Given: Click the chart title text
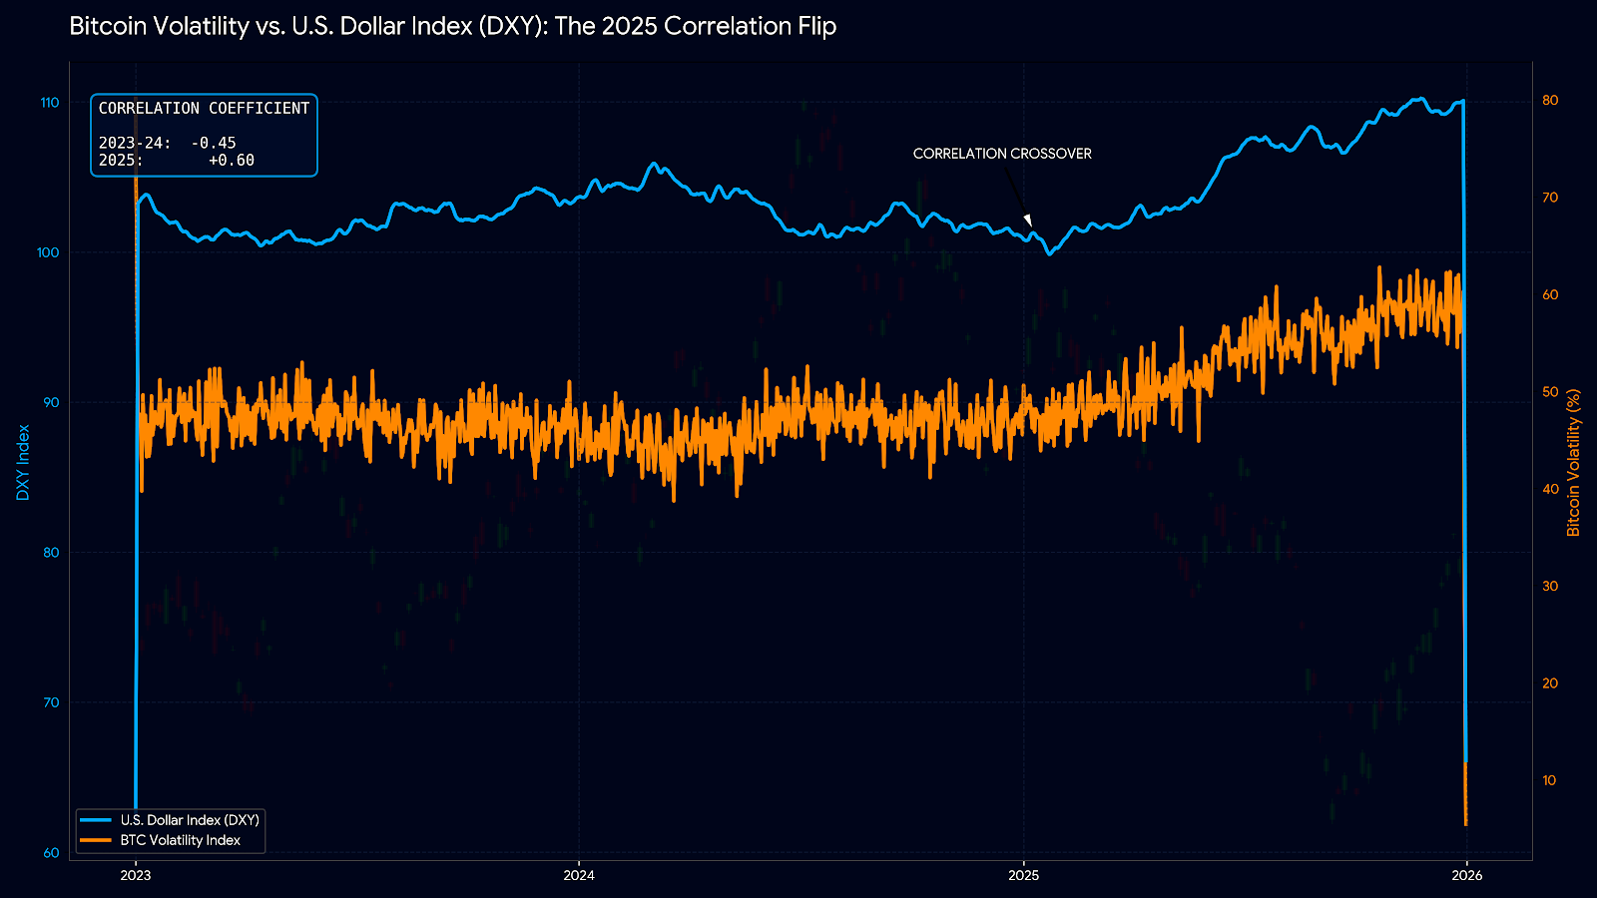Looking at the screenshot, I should point(452,27).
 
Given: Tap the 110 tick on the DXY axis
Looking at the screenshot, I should point(49,103).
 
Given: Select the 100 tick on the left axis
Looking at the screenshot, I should point(48,252).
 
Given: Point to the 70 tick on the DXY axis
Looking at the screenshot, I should point(50,702).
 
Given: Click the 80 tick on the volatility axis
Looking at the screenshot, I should point(1550,101).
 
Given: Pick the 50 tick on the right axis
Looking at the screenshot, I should point(1550,392).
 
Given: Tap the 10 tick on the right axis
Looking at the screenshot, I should point(1549,780).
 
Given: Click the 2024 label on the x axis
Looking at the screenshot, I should point(579,876).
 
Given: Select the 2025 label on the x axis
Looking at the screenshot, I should point(1023,876).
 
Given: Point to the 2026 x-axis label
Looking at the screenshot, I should point(1466,876).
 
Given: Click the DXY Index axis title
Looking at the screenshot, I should point(23,462).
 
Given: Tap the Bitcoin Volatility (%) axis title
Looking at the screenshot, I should point(1574,462).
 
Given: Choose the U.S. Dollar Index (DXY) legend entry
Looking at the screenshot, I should point(190,820).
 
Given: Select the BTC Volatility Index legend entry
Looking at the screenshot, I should point(181,840).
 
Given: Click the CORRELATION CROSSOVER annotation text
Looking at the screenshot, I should point(1002,154).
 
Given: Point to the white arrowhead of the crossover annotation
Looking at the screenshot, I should point(1028,222).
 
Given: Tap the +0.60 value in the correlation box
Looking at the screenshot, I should point(232,161).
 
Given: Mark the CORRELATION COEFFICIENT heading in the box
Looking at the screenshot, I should point(204,108).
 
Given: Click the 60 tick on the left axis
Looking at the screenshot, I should point(50,853).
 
